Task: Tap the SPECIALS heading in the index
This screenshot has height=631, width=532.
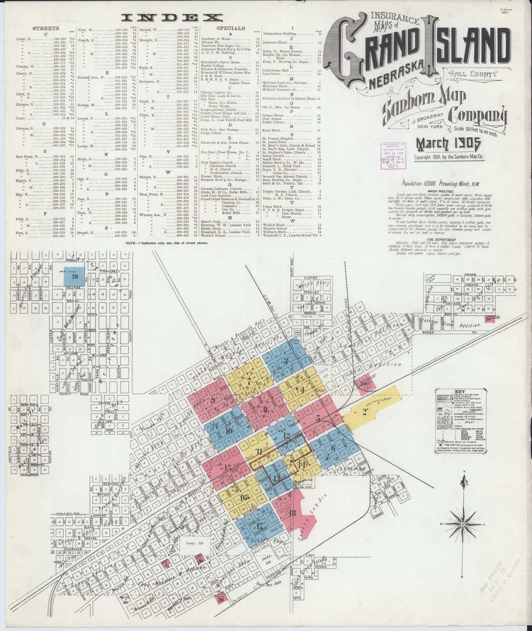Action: [230, 28]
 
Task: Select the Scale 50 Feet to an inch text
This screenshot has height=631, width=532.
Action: [477, 128]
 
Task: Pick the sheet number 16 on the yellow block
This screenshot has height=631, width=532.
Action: [243, 497]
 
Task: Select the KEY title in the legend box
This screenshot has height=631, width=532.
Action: [447, 393]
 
